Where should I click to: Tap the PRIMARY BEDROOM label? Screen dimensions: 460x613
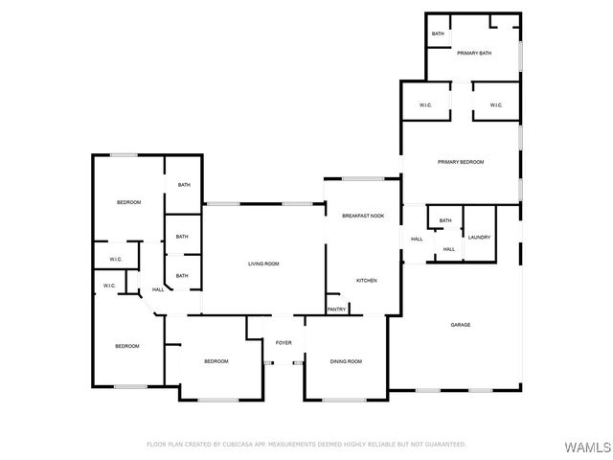tap(461, 162)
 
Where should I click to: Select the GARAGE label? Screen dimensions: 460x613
tap(461, 325)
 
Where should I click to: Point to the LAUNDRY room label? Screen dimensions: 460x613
tap(479, 238)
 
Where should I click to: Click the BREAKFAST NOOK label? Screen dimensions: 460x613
tap(363, 217)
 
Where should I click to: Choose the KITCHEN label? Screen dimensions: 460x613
tap(366, 280)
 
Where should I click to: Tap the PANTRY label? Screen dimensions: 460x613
tap(336, 310)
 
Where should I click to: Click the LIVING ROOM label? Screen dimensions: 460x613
tap(263, 264)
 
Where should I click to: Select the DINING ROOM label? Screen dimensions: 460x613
tap(346, 361)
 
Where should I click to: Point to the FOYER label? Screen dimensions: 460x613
tap(284, 342)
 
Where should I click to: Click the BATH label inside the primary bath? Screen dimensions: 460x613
tap(438, 34)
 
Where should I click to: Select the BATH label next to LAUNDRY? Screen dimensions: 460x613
tap(445, 221)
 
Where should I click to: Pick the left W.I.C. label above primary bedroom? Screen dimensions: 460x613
tap(425, 105)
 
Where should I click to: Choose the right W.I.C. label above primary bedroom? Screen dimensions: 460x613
tap(496, 105)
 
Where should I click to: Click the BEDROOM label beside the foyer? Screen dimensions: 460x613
tap(216, 361)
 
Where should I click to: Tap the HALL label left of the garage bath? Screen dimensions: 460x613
tap(417, 239)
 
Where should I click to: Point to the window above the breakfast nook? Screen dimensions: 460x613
tap(363, 178)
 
